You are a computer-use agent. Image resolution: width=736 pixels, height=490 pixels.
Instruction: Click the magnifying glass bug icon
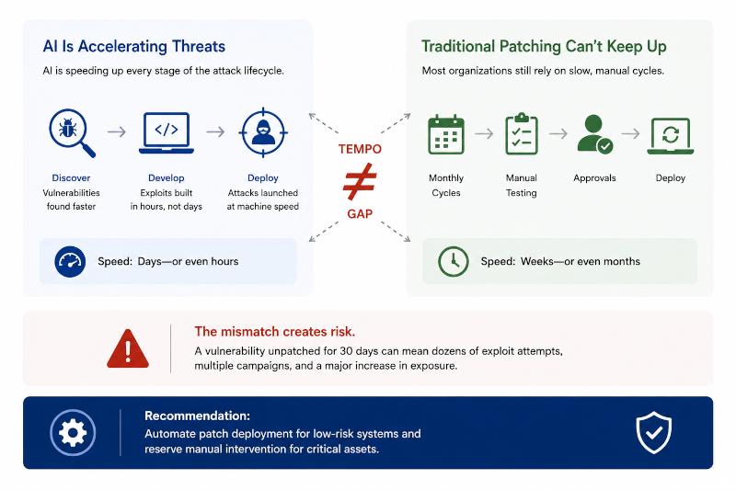[x=72, y=132]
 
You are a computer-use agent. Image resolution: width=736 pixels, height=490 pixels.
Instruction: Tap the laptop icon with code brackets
[x=167, y=132]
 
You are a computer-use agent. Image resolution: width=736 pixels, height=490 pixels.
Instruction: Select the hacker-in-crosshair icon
[x=263, y=132]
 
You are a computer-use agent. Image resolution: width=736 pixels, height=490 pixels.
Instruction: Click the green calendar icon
[x=446, y=134]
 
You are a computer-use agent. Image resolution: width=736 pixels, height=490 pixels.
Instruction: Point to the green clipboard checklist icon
[x=522, y=133]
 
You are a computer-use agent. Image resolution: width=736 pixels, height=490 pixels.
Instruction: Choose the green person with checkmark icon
[x=594, y=133]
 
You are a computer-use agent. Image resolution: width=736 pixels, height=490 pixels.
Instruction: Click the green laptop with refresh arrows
[x=671, y=136]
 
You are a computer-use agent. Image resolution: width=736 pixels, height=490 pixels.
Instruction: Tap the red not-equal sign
[x=360, y=181]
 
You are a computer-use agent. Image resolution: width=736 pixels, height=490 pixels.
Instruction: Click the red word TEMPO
[x=360, y=149]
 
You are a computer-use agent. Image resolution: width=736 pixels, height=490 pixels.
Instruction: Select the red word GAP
[x=360, y=214]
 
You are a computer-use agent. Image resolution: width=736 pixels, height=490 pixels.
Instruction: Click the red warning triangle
[x=128, y=348]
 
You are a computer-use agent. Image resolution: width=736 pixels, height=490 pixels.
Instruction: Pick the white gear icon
[x=73, y=432]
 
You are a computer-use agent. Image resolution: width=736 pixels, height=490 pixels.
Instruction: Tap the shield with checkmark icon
[x=653, y=432]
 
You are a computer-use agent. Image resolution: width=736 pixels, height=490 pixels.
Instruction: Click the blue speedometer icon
[x=70, y=262]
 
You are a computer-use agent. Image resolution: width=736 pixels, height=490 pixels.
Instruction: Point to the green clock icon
[x=453, y=262]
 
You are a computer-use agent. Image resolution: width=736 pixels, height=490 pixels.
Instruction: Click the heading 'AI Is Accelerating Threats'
[x=133, y=46]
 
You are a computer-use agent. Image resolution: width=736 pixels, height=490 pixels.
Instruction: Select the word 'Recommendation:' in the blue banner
[x=197, y=416]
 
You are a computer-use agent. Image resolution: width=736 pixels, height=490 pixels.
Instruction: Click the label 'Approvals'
[x=594, y=178]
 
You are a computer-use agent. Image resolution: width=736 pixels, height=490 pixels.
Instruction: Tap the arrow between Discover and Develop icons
[x=117, y=132]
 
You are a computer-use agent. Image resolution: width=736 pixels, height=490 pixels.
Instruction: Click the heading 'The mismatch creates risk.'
[x=274, y=332]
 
